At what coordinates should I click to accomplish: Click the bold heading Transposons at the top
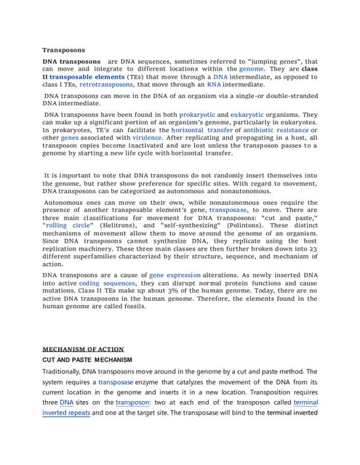pos(63,50)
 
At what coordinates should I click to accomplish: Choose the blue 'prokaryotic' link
pos(203,115)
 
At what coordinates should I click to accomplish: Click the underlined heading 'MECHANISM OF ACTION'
pos(82,349)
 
